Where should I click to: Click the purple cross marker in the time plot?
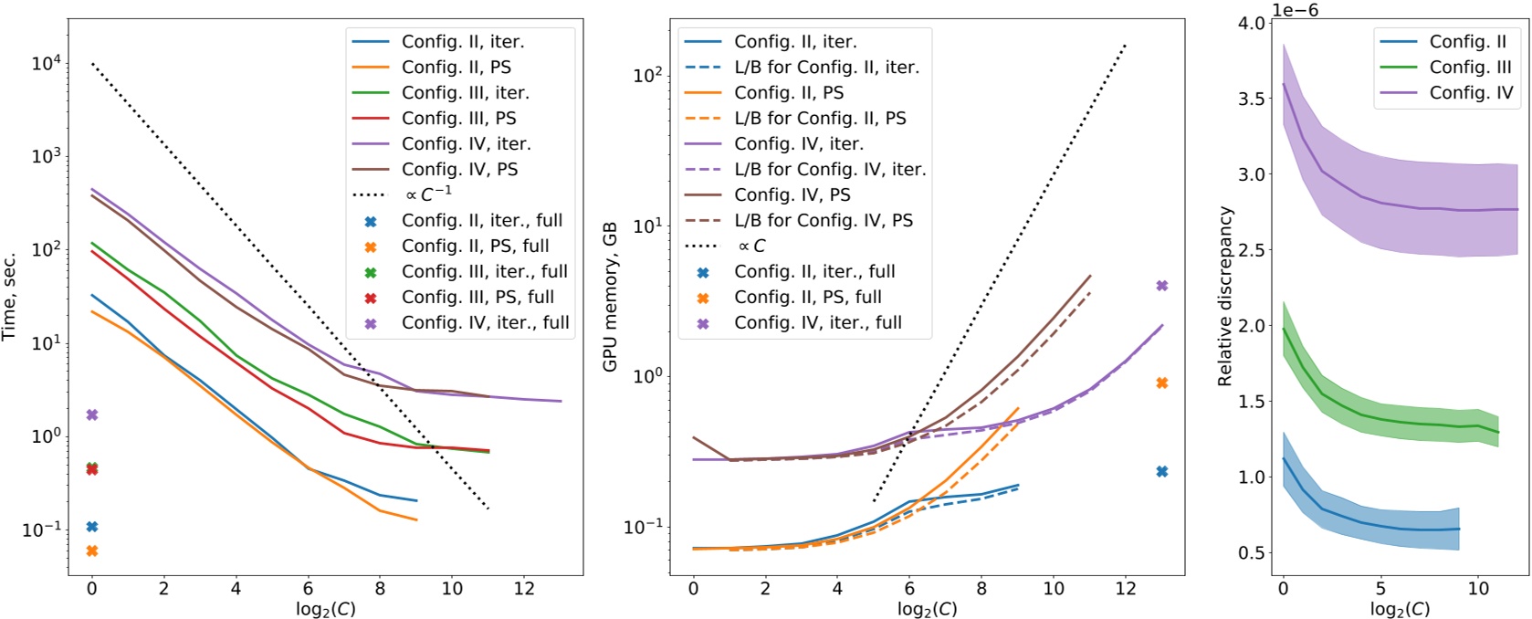(x=91, y=415)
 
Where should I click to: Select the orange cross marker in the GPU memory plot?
(x=1162, y=383)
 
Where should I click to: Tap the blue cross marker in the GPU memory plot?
(x=1162, y=472)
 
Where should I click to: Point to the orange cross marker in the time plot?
(x=91, y=551)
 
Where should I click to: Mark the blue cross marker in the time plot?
(x=91, y=527)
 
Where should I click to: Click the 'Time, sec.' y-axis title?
(x=10, y=296)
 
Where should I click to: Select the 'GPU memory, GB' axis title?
(x=611, y=296)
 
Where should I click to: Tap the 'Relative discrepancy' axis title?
(x=1225, y=296)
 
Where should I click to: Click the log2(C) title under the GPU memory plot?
(x=927, y=609)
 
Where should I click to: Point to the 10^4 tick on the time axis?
(x=47, y=63)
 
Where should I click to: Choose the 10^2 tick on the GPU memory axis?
(x=648, y=75)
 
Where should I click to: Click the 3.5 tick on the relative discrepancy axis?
(x=1252, y=99)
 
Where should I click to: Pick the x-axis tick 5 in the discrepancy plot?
(x=1380, y=589)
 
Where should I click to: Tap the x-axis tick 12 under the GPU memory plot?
(x=1126, y=589)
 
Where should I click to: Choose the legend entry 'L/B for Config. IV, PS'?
(x=823, y=220)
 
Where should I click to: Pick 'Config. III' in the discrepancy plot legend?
(x=1470, y=67)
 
